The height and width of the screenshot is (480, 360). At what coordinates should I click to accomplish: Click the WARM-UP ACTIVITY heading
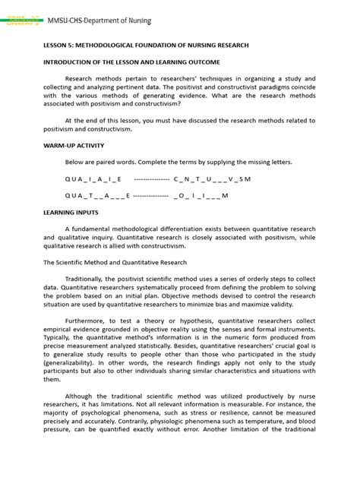tap(74, 145)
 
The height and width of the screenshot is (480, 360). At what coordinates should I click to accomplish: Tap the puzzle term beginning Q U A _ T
tap(98, 195)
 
